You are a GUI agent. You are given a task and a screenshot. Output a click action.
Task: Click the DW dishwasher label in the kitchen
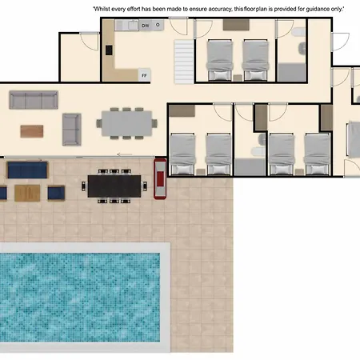[146, 26]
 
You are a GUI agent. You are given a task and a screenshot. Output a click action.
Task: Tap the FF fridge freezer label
[144, 75]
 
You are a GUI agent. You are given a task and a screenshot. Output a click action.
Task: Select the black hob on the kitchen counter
[109, 50]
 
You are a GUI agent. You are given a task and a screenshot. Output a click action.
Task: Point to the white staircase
[183, 62]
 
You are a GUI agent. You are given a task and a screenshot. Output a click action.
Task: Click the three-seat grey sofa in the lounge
[34, 100]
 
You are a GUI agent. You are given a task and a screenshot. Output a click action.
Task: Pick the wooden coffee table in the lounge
[32, 131]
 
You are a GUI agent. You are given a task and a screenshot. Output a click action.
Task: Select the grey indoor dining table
[126, 123]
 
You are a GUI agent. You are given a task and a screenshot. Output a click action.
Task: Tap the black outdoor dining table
[114, 186]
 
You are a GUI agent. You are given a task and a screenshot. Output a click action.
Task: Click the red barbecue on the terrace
[160, 178]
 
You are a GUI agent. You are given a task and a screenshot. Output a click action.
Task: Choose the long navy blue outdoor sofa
[27, 170]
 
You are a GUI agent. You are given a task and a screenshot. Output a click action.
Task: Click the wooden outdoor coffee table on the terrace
[27, 193]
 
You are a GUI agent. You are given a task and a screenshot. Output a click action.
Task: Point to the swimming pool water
[80, 297]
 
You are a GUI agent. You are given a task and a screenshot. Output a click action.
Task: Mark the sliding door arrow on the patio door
[125, 154]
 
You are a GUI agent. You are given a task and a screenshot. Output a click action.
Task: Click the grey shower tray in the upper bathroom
[291, 72]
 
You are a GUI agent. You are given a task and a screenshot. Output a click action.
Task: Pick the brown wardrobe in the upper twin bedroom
[236, 25]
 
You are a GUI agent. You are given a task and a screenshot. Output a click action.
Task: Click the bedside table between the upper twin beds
[238, 78]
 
